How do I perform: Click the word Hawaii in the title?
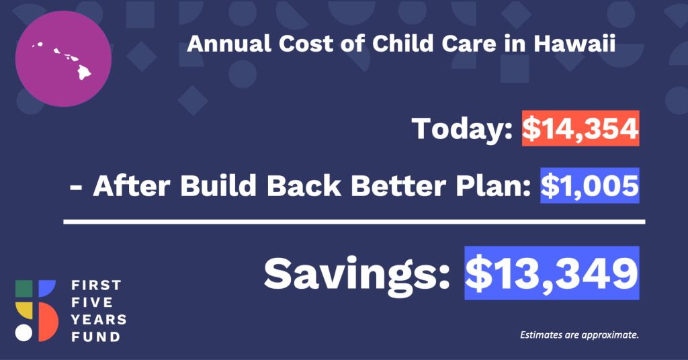(x=574, y=44)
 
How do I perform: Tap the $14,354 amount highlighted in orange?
(x=580, y=128)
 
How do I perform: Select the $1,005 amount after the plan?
(x=590, y=185)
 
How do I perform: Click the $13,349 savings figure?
(x=552, y=273)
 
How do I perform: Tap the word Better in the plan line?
(x=398, y=186)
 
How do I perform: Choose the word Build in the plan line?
(x=218, y=186)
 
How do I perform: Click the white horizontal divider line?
(x=354, y=222)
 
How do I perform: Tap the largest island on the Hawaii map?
(x=84, y=73)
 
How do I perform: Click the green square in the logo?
(x=24, y=289)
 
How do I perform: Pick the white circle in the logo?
(x=24, y=333)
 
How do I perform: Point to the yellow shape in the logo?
(x=24, y=310)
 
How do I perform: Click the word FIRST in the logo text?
(x=96, y=285)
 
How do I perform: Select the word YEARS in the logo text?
(x=99, y=320)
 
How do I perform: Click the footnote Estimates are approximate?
(x=579, y=335)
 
